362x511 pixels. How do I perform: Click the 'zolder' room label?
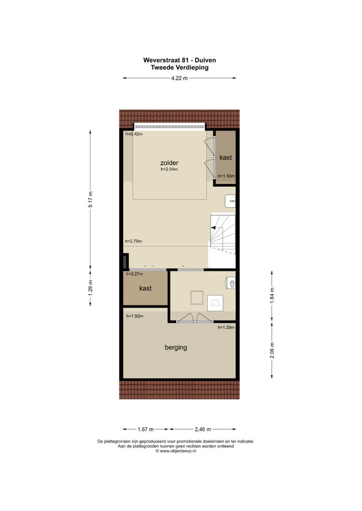click(169, 163)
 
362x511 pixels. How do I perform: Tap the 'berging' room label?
click(176, 347)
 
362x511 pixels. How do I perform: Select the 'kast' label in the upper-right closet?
click(226, 157)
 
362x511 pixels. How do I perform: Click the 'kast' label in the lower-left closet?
click(145, 288)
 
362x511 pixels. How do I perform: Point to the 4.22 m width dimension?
click(179, 78)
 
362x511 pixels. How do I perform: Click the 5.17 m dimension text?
click(90, 199)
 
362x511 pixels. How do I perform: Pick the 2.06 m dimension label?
click(272, 349)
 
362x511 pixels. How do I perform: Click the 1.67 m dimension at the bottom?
click(146, 429)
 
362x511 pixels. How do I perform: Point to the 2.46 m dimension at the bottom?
click(203, 429)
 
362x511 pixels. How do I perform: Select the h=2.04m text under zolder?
click(169, 170)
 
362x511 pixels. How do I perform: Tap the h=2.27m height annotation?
click(134, 274)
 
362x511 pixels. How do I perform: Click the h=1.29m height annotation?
click(226, 327)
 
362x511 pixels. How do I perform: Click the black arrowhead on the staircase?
click(213, 228)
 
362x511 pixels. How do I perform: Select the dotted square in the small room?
click(196, 298)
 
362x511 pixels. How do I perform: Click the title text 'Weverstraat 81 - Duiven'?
click(179, 60)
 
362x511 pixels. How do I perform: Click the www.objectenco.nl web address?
click(176, 451)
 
